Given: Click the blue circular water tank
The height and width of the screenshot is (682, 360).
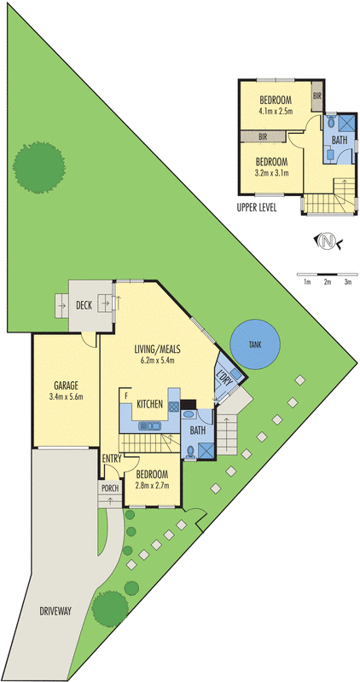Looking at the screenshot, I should tap(253, 344).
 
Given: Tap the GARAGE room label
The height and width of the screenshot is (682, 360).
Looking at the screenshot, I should tap(66, 384).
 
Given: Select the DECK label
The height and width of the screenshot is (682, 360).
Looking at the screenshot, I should tap(84, 304).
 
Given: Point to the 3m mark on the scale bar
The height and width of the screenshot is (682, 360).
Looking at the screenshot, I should tap(347, 280).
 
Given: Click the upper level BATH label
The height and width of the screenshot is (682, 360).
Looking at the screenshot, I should tap(339, 140).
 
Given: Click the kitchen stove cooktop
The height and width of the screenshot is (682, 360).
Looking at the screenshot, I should tap(174, 406).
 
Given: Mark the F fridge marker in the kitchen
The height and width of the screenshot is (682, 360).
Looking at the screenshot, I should tap(126, 396).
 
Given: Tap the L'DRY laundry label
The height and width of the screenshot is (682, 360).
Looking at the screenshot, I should tap(224, 378).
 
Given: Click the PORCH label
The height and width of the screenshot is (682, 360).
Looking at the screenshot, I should tap(110, 488).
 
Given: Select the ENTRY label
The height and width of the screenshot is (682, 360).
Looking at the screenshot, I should tap(112, 459).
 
